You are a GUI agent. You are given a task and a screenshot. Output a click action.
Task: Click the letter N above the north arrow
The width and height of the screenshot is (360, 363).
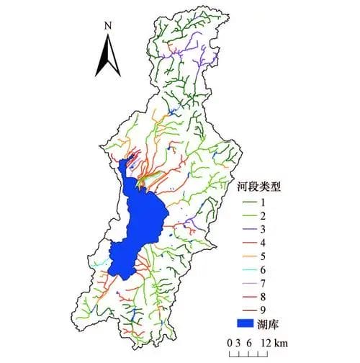[107, 25]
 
